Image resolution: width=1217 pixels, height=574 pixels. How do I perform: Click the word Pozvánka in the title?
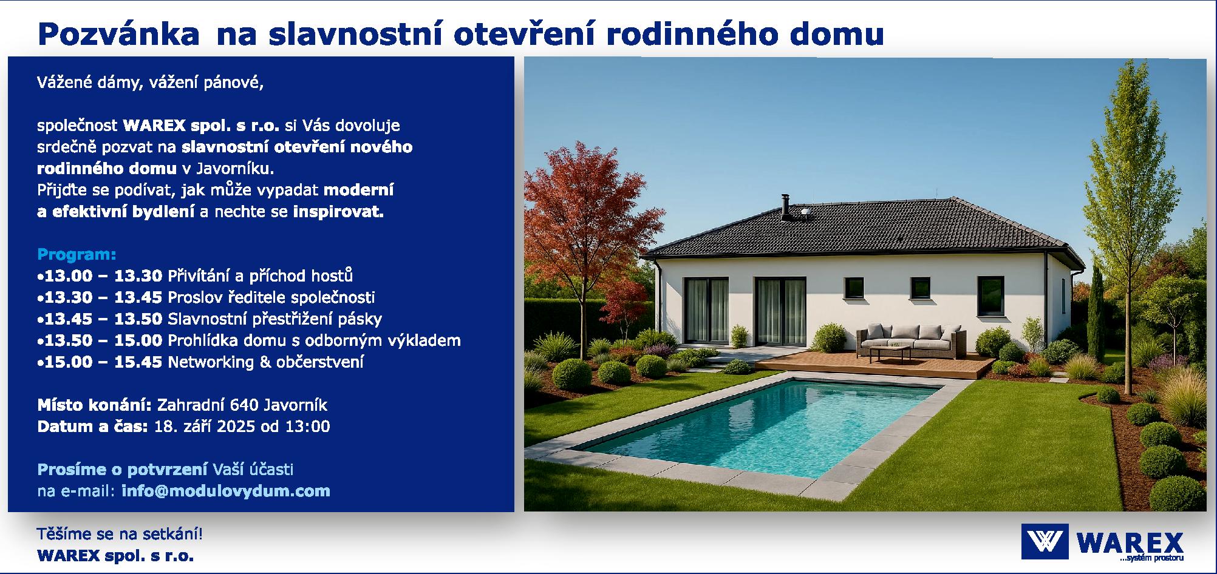[118, 35]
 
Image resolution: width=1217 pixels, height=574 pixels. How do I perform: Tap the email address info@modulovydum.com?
[226, 490]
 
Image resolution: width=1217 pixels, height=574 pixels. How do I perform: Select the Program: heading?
[77, 254]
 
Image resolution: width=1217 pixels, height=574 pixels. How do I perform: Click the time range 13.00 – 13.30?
[103, 275]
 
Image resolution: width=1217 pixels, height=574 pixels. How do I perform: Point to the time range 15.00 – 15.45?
[103, 362]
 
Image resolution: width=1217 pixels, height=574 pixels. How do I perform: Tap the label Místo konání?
[94, 405]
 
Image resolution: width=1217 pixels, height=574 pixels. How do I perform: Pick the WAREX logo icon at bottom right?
[1045, 541]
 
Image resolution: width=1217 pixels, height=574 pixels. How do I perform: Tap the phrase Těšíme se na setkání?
[120, 535]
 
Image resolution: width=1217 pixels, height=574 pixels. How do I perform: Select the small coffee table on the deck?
[890, 353]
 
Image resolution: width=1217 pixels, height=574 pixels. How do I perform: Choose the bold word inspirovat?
[339, 212]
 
